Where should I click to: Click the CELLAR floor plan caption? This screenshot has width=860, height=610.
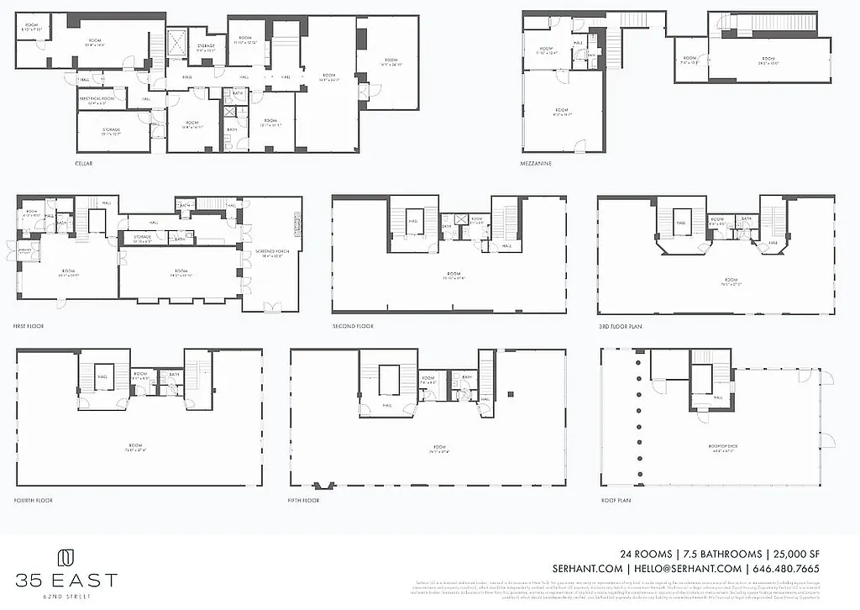pos(83,163)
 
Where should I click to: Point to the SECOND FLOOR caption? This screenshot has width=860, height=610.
pos(353,325)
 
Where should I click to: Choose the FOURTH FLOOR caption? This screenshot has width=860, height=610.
pos(34,500)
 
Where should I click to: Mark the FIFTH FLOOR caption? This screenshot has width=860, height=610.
pos(305,500)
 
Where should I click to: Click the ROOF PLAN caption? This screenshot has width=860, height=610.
pos(616,500)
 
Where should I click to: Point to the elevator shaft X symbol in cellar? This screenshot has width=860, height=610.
pos(178,42)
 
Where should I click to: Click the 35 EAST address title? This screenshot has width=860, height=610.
pos(66,581)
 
